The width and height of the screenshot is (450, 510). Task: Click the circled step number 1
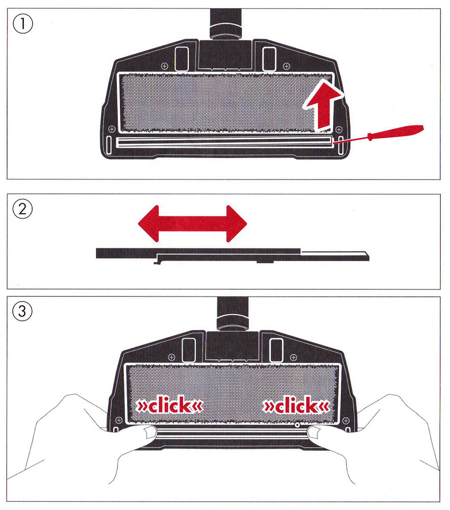(23, 24)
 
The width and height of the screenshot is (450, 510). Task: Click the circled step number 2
(22, 209)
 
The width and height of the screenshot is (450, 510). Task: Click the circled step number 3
(22, 311)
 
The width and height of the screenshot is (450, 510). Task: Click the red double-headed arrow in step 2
(193, 224)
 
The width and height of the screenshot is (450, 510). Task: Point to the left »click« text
(169, 405)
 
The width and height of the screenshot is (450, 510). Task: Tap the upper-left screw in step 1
(165, 66)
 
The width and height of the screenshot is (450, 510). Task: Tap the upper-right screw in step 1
(286, 66)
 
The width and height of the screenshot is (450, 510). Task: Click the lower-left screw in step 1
(112, 129)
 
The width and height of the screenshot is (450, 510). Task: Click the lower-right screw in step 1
(339, 129)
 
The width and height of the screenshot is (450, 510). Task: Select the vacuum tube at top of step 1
(226, 23)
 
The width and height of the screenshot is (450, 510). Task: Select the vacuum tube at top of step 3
(233, 314)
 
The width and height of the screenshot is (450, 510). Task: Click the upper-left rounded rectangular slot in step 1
(181, 59)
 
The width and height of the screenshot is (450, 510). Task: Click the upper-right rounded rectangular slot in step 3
(277, 350)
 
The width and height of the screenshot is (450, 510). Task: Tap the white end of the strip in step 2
(335, 253)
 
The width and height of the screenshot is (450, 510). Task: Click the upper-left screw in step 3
(171, 358)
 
